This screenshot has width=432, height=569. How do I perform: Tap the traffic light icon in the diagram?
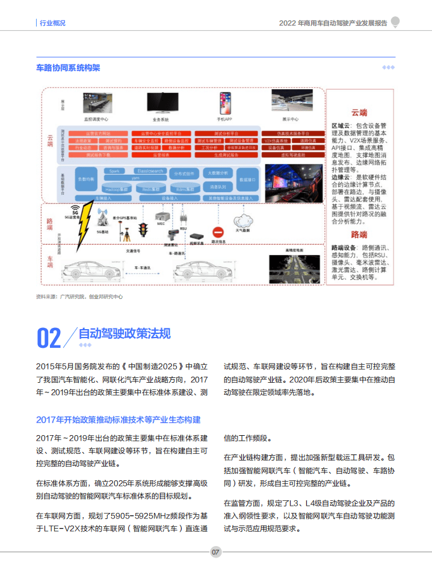click(x=143, y=230)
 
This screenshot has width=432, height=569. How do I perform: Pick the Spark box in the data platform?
click(x=114, y=171)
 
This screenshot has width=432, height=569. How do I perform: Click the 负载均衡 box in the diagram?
click(x=86, y=180)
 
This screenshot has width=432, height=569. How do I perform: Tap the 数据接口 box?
click(x=247, y=180)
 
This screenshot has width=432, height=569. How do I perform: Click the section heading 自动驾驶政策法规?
click(x=125, y=333)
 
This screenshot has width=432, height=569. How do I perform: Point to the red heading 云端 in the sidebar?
click(x=359, y=113)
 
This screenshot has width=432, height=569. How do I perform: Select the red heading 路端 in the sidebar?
click(x=359, y=234)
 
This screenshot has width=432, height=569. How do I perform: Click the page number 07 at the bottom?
click(x=216, y=552)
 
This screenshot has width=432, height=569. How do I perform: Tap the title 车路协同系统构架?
click(x=68, y=68)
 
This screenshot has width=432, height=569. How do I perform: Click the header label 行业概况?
click(x=52, y=23)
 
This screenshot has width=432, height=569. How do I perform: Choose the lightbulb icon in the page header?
click(x=395, y=22)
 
